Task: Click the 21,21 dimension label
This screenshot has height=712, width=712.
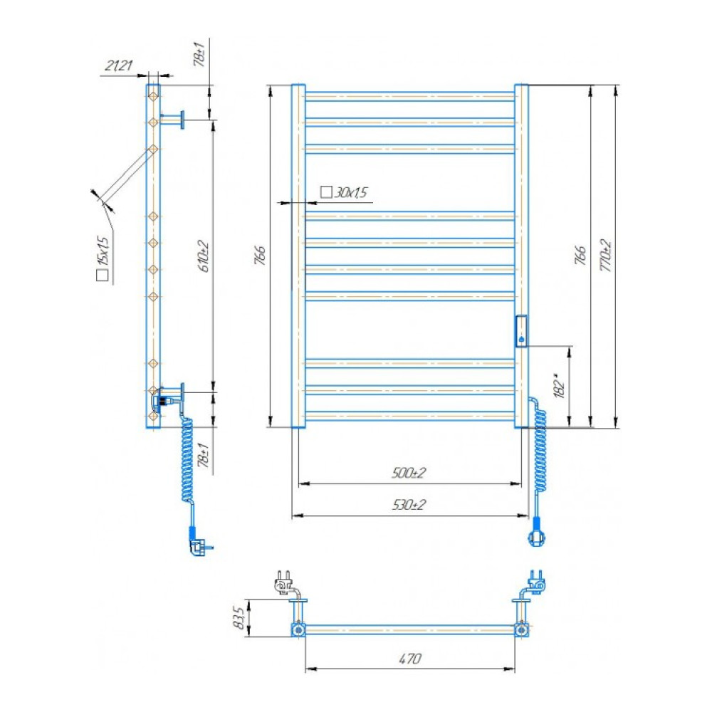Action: (x=118, y=66)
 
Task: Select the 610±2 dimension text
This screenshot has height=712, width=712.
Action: (x=204, y=256)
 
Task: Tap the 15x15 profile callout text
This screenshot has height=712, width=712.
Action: (x=103, y=250)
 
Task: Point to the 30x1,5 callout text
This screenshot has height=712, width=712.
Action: (x=350, y=192)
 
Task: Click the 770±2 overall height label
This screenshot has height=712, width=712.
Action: (x=606, y=256)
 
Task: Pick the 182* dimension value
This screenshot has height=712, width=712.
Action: (x=560, y=386)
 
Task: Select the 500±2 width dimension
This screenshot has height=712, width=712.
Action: (x=409, y=473)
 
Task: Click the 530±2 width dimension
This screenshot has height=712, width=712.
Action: (x=409, y=505)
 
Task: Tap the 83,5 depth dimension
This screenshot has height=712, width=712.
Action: (x=239, y=617)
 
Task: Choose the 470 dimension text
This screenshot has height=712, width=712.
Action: (x=409, y=658)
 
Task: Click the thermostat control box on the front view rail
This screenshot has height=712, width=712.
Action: (x=521, y=331)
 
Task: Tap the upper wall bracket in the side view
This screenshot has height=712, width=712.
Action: (x=174, y=120)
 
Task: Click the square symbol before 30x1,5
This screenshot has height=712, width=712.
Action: (x=326, y=192)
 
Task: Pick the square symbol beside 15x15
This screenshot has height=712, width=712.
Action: (x=103, y=275)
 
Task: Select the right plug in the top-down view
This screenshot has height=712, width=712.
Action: (x=536, y=582)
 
